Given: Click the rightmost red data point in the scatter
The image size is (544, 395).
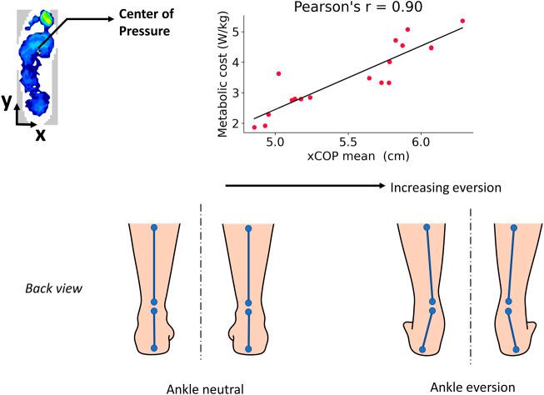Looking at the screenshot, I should [x=462, y=21].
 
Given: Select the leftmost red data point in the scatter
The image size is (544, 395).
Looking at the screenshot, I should [x=254, y=127].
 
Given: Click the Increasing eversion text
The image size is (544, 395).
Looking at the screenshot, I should [x=446, y=188].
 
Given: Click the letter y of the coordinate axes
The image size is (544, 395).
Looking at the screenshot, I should [x=7, y=100].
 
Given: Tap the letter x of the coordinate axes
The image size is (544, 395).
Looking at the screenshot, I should [x=39, y=132].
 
